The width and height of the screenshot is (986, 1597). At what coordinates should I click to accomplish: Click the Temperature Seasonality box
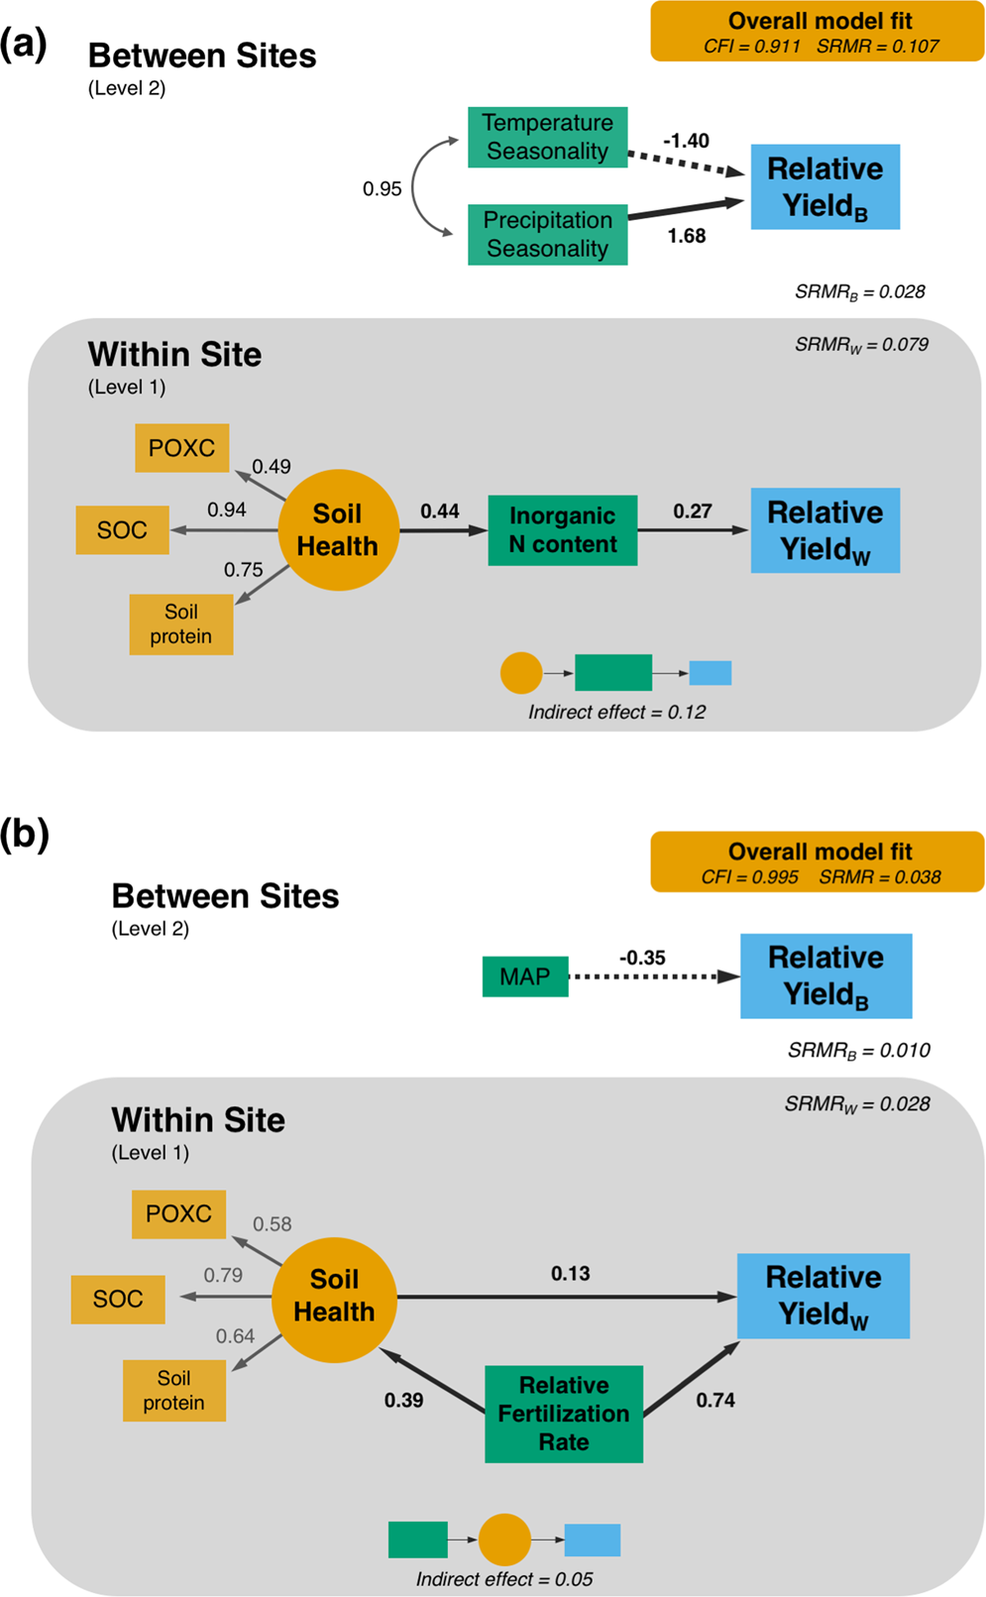pos(547,137)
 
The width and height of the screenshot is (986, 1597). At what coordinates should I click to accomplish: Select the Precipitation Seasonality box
pos(547,235)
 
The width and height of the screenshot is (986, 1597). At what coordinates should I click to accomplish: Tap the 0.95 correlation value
pos(382,188)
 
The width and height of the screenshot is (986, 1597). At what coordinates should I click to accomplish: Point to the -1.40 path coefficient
pos(686,141)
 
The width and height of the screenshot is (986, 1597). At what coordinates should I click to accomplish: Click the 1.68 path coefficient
pos(686,236)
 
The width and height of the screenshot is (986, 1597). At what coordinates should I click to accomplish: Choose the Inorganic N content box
pos(562,530)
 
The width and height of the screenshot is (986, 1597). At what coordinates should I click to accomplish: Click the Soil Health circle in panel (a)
pos(338,530)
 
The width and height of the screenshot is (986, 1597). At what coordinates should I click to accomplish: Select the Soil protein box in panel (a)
pos(181,625)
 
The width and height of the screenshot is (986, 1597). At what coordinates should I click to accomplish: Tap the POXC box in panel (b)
pos(178,1213)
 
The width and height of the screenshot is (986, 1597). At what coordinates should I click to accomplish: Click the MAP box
pos(524,976)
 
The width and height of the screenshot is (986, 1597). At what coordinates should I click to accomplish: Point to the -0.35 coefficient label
pos(642,958)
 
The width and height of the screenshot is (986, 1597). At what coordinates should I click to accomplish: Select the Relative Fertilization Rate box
pos(563,1414)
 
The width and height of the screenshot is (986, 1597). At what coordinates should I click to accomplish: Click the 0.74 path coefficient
pos(714,1400)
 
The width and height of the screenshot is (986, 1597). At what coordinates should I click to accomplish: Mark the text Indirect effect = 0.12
pos(616,712)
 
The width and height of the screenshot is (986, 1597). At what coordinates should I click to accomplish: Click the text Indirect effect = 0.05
pos(504,1579)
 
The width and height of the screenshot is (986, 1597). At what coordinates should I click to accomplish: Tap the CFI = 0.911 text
pos(751,46)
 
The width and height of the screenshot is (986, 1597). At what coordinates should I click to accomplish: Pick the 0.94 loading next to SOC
pos(226,510)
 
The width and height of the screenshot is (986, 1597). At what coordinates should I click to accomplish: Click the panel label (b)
pos(25,835)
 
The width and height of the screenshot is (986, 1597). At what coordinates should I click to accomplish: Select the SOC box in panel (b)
pos(118,1299)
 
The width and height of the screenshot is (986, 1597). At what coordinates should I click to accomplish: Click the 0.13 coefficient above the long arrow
pos(570,1273)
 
